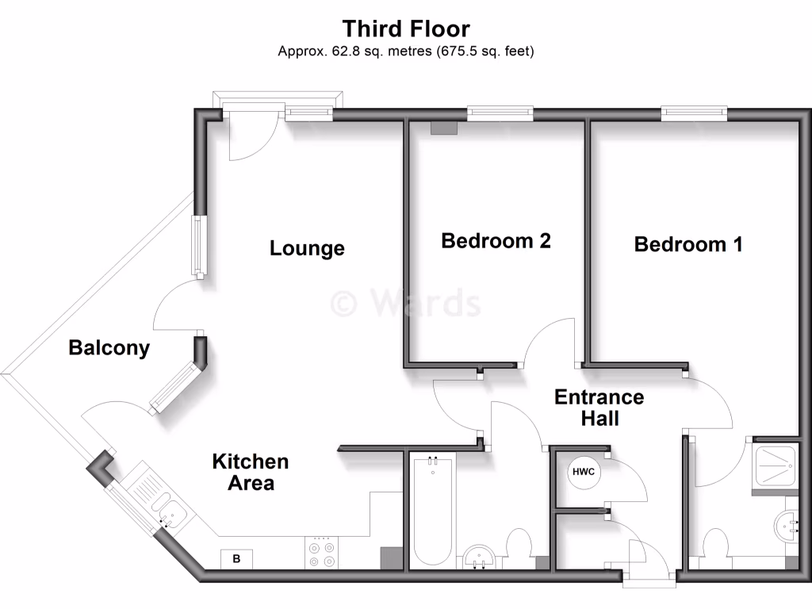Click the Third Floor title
(406, 29)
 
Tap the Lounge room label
(307, 248)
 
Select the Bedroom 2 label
(496, 240)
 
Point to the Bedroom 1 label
(688, 244)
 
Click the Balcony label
(109, 347)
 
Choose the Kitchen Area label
(251, 472)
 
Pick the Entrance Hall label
(599, 407)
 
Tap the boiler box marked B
(236, 558)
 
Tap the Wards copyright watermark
(406, 303)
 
